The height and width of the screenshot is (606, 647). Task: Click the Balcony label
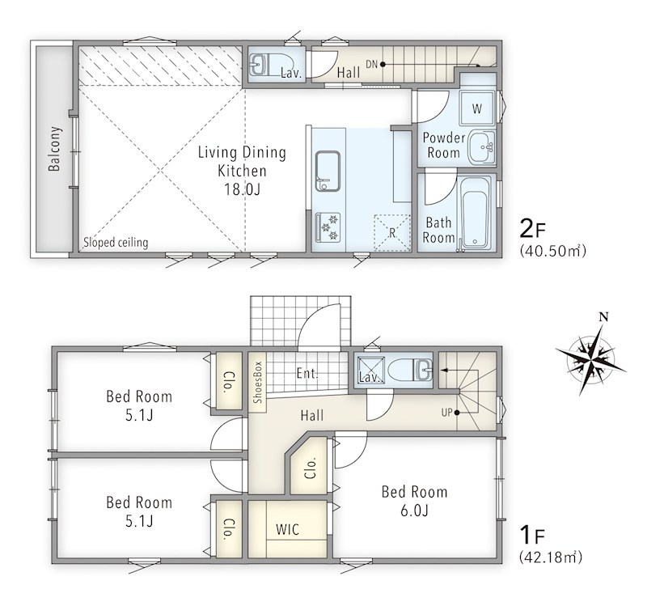click(54, 149)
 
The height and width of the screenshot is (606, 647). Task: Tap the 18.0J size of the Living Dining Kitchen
click(242, 189)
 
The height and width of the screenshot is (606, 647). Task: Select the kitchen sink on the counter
click(328, 172)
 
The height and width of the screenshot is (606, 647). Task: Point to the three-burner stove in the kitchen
click(328, 227)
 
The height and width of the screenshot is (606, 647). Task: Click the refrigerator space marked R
click(392, 233)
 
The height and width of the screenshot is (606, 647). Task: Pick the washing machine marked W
click(477, 108)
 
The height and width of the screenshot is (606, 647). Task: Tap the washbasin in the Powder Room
click(482, 147)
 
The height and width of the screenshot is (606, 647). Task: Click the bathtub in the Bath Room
click(475, 213)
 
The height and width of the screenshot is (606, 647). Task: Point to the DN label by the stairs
click(372, 64)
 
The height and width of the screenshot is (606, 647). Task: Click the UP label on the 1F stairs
click(447, 413)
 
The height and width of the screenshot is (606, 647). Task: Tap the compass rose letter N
click(603, 317)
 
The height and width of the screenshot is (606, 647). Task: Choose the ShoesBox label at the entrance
click(258, 382)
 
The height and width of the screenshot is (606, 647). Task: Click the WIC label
click(288, 529)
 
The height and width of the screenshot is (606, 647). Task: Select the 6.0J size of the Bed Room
click(414, 511)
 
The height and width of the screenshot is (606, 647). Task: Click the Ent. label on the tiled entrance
click(307, 373)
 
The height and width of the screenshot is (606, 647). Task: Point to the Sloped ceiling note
click(116, 242)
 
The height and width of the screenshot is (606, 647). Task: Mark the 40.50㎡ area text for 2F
click(553, 251)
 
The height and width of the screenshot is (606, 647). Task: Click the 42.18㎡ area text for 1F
click(551, 557)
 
